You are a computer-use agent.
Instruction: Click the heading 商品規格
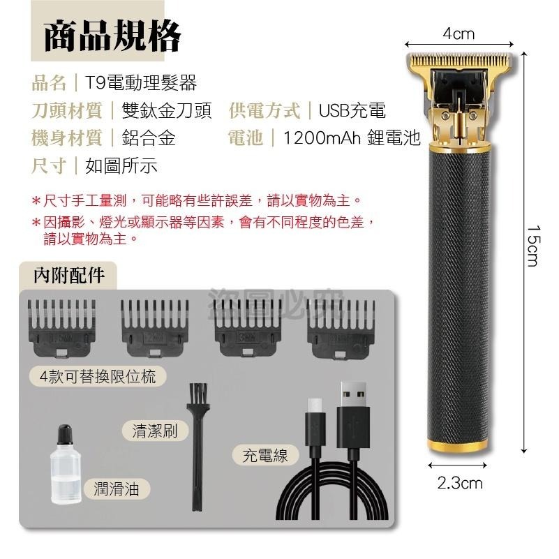coord(112,37)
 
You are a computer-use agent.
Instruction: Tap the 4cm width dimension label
coord(459,33)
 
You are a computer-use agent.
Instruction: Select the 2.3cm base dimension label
coord(460,483)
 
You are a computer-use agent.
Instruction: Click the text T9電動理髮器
coord(141,84)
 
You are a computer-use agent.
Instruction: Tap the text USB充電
coord(352,110)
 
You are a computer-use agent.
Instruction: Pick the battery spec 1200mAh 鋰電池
coord(352,137)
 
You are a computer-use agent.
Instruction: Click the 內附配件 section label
coord(69,275)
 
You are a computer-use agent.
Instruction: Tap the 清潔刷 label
coord(155,431)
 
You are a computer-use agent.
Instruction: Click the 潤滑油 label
coord(117,489)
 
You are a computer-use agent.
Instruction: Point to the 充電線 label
coord(265,456)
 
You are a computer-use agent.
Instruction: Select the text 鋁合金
coord(149,137)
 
